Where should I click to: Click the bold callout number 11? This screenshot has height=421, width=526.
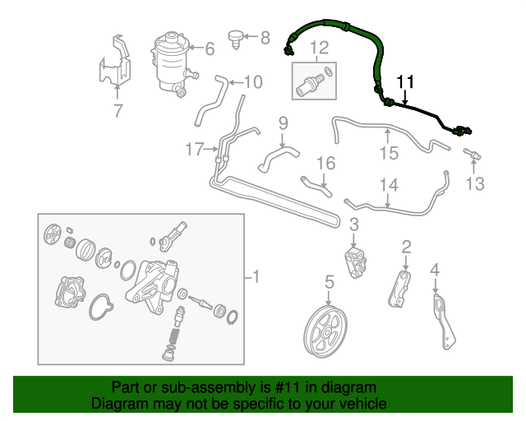pos(405,82)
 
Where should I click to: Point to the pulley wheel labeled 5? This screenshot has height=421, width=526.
pos(325,331)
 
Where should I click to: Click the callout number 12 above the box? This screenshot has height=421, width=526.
pos(319,48)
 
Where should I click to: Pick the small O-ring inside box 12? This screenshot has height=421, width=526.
pos(329,72)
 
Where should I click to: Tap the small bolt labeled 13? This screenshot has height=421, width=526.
pos(473,154)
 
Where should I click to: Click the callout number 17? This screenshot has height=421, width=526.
pos(195,149)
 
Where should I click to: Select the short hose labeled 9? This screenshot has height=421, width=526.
pos(278,160)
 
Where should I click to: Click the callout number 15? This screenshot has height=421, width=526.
pos(389,153)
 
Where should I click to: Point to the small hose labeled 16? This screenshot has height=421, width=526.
pos(316,187)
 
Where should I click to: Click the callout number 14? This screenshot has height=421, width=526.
pos(389,185)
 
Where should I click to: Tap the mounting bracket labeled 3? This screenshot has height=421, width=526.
pos(356,262)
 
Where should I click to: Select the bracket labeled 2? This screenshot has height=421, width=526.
pos(400,289)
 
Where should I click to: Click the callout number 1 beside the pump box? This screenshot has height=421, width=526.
pos(256,276)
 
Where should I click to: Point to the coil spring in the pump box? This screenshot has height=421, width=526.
pos(173,337)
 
